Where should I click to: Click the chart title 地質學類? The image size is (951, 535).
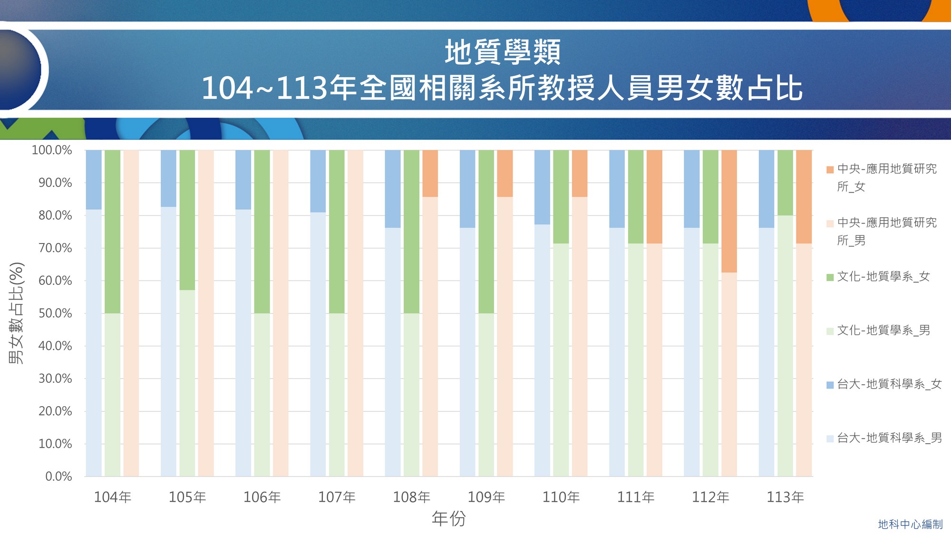503,52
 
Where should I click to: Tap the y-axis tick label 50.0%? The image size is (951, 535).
55,313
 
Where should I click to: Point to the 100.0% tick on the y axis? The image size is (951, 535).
52,150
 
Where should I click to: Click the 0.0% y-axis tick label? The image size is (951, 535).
58,477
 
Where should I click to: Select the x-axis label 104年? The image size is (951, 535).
113,497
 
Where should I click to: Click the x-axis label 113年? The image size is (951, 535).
785,497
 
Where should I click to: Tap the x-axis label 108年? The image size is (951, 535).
411,497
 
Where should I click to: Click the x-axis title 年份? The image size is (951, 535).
448,518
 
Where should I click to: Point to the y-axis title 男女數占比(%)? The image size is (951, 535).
16,313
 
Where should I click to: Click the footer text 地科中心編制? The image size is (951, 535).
910,524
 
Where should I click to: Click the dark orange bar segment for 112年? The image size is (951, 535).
729,211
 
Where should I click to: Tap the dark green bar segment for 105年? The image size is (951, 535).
187,220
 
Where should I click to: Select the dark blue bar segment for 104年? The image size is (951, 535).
94,180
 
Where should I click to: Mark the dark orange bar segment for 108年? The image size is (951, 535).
430,174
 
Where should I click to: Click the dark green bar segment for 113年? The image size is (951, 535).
785,183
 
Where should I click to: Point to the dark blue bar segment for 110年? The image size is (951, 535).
542,187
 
